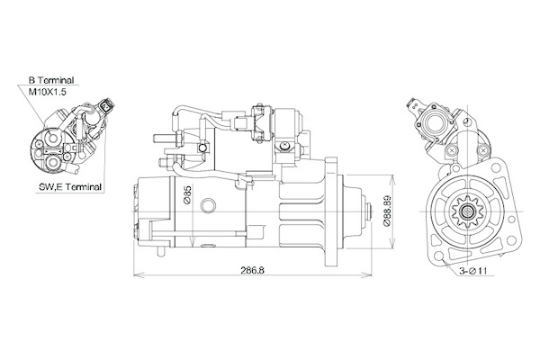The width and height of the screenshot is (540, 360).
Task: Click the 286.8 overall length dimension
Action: pyautogui.click(x=252, y=270)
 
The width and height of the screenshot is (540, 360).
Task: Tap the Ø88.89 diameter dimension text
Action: pyautogui.click(x=387, y=211)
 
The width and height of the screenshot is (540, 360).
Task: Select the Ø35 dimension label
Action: pyautogui.click(x=187, y=195)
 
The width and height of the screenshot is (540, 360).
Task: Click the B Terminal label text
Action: pyautogui.click(x=51, y=81)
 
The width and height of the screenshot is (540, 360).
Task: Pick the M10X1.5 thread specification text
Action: pyautogui.click(x=47, y=92)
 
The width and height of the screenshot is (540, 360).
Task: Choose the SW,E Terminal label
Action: pyautogui.click(x=70, y=187)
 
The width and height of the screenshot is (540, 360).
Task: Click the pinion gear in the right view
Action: pyautogui.click(x=467, y=211)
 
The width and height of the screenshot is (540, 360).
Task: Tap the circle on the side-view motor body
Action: pyautogui.click(x=208, y=206)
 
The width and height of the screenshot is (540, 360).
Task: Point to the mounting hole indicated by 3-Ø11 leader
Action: pyautogui.click(x=438, y=256)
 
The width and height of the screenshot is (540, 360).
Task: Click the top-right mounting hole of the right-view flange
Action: pyautogui.click(x=496, y=168)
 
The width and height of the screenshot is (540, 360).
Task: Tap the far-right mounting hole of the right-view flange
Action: pyautogui.click(x=512, y=240)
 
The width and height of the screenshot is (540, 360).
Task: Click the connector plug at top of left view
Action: pyautogui.click(x=107, y=106)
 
